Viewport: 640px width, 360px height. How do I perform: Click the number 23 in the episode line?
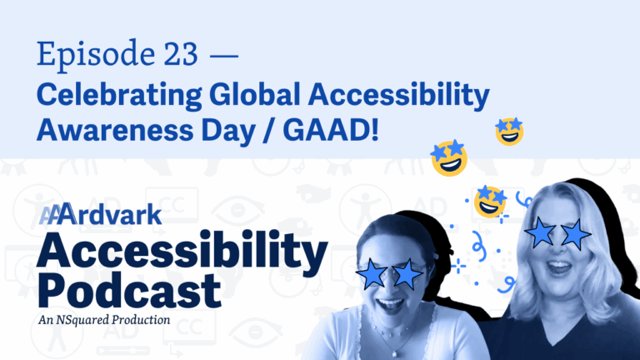coord(181,53)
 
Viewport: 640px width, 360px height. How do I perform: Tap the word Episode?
coord(96,55)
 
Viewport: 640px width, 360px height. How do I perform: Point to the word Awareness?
coord(115,130)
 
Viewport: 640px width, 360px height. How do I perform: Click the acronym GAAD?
coord(331,130)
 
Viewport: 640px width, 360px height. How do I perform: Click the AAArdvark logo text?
coord(100,214)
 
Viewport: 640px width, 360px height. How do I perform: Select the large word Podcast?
coord(129,290)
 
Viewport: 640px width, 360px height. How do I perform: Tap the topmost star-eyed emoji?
coord(509,131)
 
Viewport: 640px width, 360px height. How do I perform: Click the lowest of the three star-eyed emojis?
coord(490,201)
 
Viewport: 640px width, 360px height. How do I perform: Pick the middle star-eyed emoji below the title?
coord(449,158)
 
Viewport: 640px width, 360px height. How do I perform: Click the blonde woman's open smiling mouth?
coord(558,267)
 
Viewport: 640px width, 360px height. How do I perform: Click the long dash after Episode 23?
coord(223,56)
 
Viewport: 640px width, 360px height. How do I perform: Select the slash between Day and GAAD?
coord(269,131)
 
